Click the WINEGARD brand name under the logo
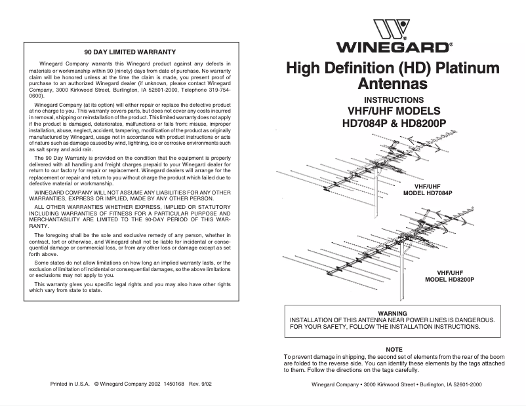392,47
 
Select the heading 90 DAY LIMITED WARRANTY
130,50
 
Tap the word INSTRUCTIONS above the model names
392,100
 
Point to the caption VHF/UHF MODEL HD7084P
428,189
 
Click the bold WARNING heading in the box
393,313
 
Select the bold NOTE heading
394,349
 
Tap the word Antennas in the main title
392,84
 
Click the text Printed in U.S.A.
69,384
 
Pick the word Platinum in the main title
464,68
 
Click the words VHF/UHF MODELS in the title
392,111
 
